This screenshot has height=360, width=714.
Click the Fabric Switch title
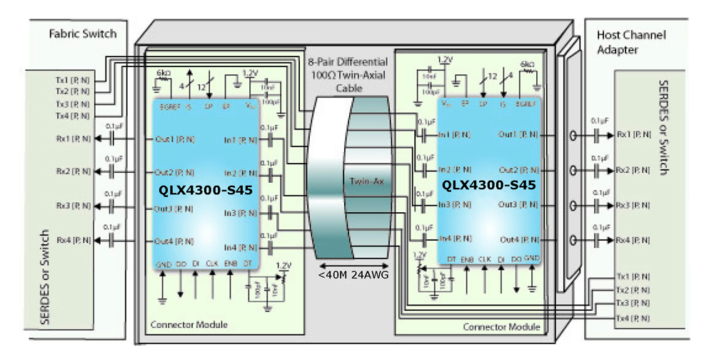point(82,34)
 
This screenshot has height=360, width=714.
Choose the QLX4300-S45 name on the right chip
point(489,185)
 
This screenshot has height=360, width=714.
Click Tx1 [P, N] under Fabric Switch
point(72,80)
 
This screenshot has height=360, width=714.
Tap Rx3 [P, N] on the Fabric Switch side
point(72,205)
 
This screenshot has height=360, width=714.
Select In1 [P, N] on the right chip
point(454,134)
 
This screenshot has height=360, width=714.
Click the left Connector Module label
point(188,325)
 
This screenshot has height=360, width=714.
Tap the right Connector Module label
point(502,326)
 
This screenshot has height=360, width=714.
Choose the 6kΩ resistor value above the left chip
point(164,74)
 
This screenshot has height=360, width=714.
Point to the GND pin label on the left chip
point(163,264)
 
